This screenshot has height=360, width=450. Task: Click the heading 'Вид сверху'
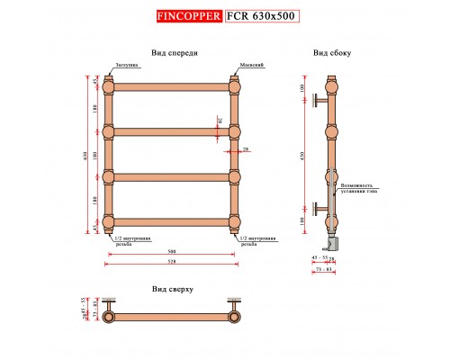point(174,290)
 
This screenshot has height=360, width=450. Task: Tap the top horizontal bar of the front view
point(172,87)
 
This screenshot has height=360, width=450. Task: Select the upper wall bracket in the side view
point(320,101)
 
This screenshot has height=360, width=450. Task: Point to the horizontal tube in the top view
point(172,318)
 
